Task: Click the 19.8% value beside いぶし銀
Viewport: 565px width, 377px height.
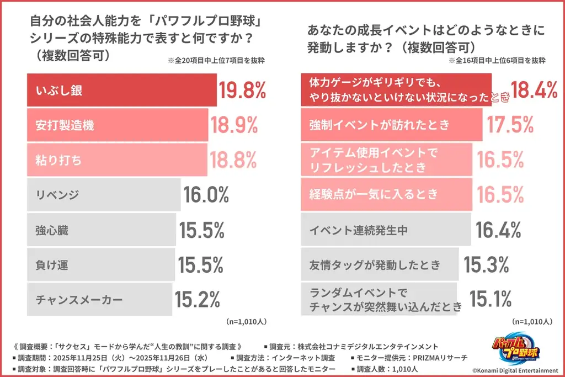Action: tap(243, 91)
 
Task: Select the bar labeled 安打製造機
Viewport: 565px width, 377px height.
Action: tap(117, 125)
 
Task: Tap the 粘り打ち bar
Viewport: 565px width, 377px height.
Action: tap(117, 160)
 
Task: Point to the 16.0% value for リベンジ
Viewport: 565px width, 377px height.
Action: tap(206, 194)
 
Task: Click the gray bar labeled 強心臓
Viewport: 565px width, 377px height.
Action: tap(102, 229)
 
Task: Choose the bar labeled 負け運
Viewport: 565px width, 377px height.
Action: tap(102, 264)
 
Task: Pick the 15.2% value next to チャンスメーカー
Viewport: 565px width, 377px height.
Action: tap(198, 299)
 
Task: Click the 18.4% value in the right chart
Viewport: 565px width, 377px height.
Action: tap(534, 90)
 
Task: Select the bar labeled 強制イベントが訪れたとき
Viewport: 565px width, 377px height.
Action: tap(391, 125)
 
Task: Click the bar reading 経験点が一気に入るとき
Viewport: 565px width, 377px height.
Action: tap(386, 194)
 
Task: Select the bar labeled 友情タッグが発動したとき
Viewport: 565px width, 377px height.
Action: tap(380, 265)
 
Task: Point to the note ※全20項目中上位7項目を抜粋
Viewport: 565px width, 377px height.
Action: tap(215, 61)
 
